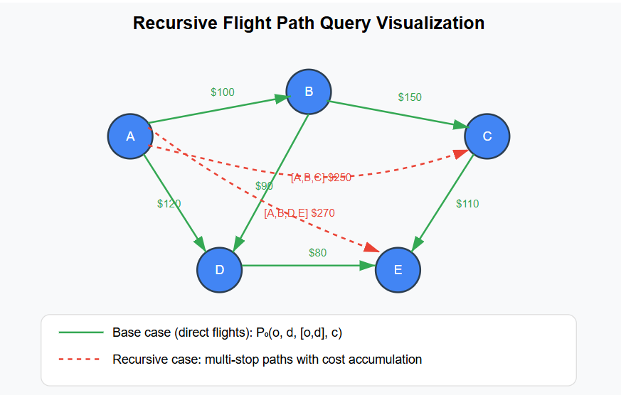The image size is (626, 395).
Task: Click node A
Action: (130, 136)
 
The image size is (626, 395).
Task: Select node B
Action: (309, 91)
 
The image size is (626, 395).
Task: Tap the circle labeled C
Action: (487, 136)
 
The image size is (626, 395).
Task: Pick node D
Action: (220, 269)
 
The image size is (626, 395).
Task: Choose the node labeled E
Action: (398, 269)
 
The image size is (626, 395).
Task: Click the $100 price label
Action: (223, 92)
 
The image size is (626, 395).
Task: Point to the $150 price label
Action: (410, 97)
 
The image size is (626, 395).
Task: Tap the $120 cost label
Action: (169, 204)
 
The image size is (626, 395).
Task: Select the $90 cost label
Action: (265, 186)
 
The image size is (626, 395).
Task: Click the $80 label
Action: (317, 252)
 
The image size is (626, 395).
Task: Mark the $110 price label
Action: (467, 204)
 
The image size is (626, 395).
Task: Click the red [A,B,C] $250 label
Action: (321, 178)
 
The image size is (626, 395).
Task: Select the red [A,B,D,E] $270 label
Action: (299, 212)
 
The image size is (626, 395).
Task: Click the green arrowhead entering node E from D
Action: (367, 266)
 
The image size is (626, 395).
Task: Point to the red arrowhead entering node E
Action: (372, 247)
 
